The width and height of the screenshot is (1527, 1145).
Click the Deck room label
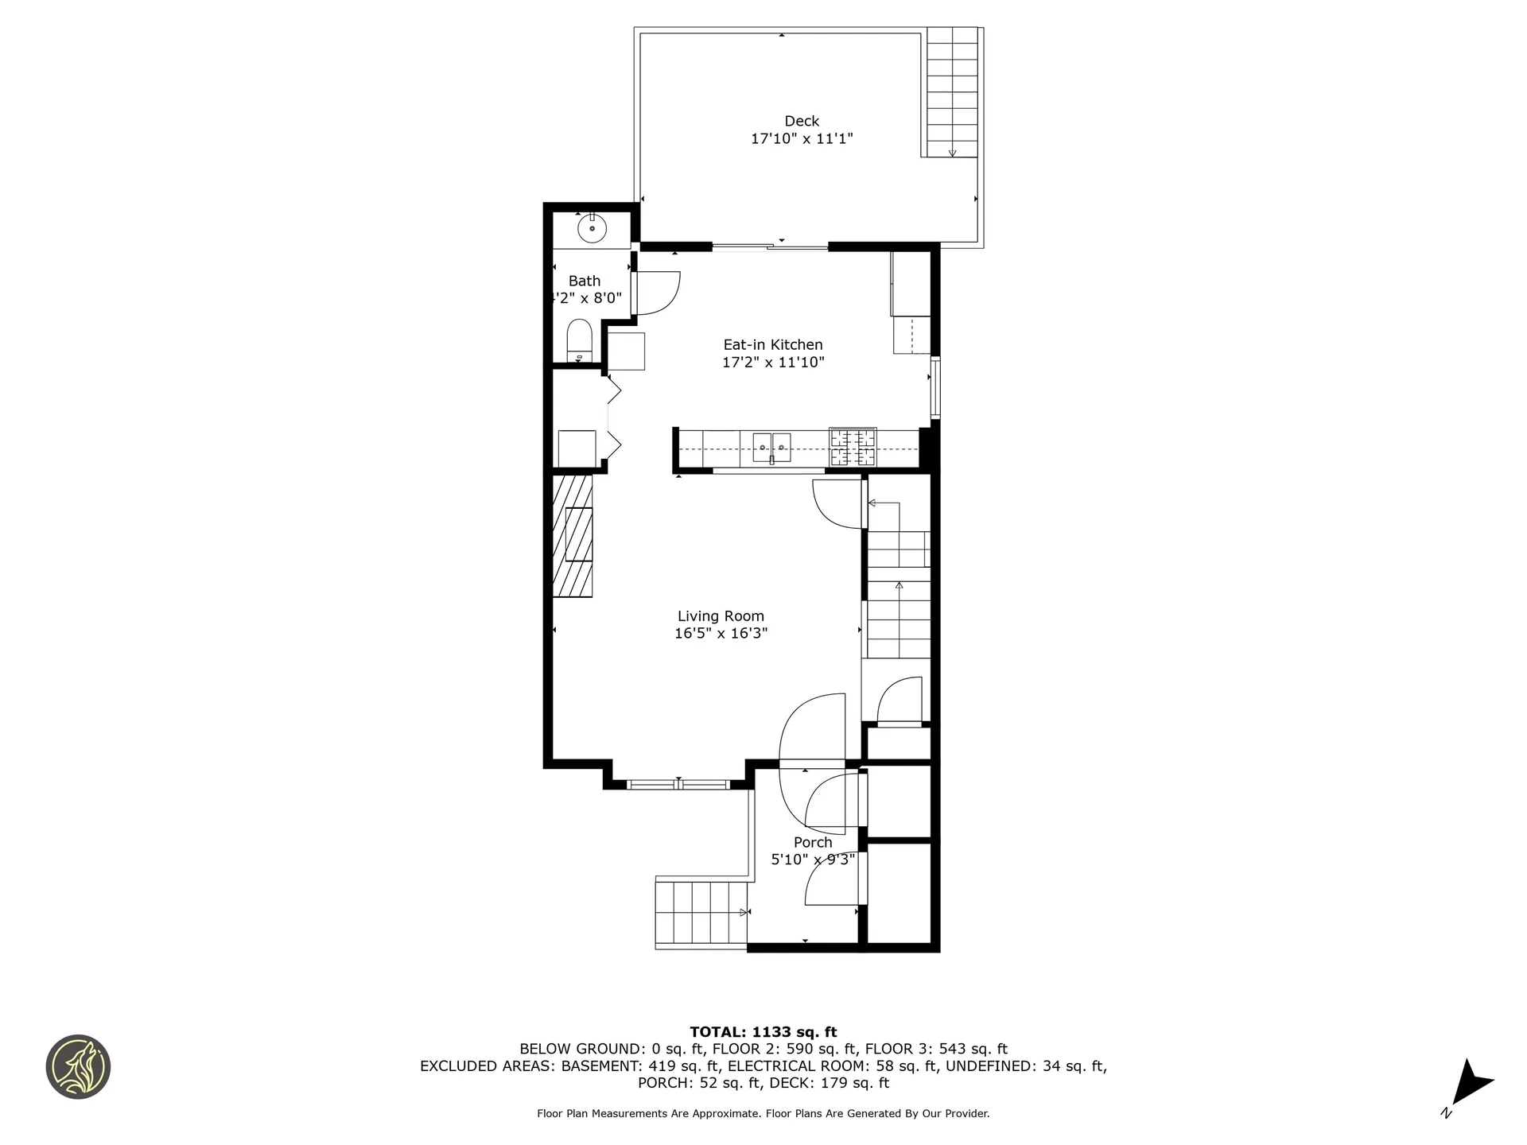[x=801, y=121]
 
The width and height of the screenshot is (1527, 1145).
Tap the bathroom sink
[x=592, y=229]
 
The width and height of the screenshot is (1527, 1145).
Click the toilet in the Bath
[x=579, y=340]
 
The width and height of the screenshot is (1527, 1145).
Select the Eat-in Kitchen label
[x=772, y=344]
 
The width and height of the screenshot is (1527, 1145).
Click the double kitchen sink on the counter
[x=771, y=448]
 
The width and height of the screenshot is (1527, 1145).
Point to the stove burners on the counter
[x=853, y=447]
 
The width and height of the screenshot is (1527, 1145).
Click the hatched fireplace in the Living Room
[x=573, y=536]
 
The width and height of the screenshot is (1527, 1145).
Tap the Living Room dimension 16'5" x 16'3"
[x=721, y=633]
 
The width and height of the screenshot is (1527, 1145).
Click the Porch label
[x=812, y=842]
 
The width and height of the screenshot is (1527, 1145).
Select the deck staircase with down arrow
[x=952, y=91]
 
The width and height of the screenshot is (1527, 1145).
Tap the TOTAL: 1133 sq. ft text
[x=763, y=1032]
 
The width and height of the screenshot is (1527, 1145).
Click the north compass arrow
[x=1471, y=1081]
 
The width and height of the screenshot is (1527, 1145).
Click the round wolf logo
[x=78, y=1067]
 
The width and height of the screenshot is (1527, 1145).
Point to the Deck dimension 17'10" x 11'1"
[x=801, y=138]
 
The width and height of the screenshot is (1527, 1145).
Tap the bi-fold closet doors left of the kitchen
[x=613, y=417]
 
